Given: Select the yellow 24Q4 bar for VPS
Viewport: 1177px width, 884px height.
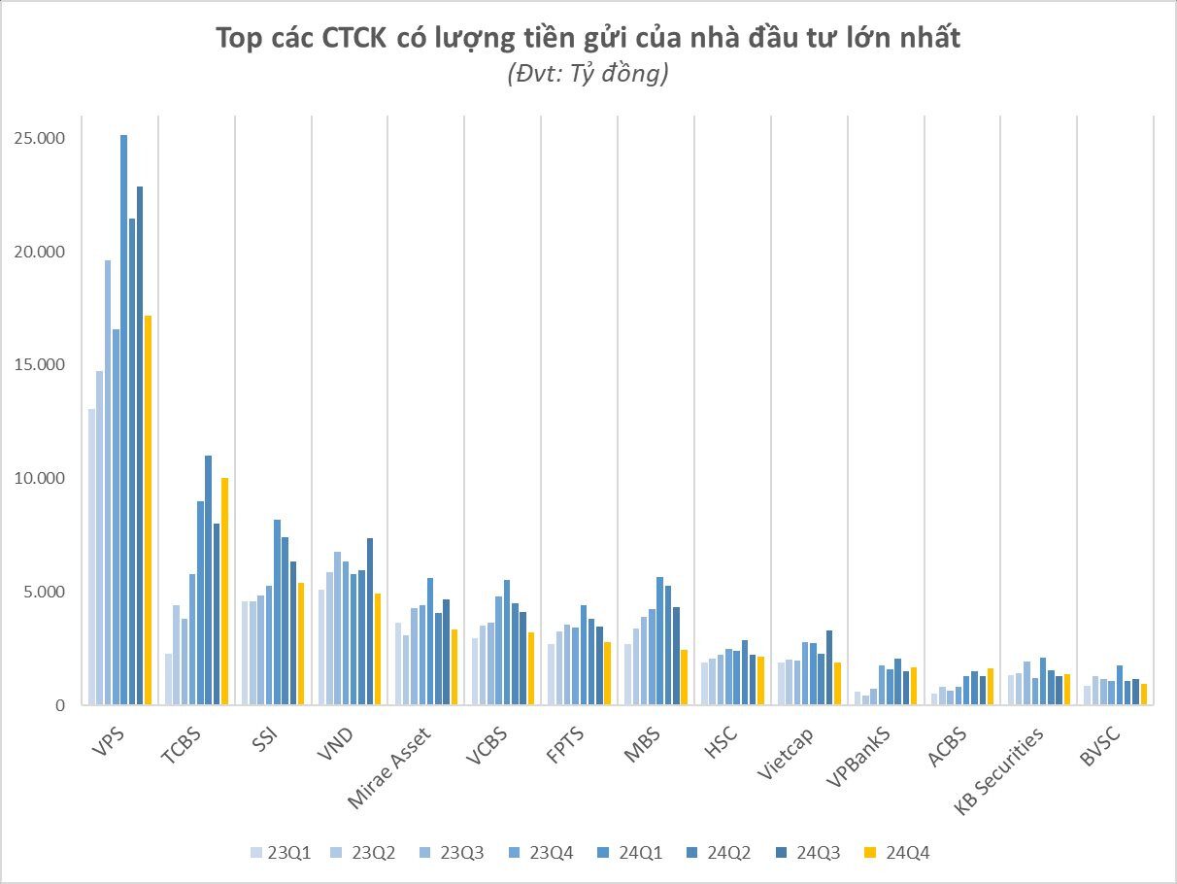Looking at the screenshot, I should (148, 510).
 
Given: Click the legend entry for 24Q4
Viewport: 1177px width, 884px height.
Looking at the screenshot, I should (902, 852).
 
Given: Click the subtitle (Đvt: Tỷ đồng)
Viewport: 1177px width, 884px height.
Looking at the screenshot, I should (588, 75).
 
